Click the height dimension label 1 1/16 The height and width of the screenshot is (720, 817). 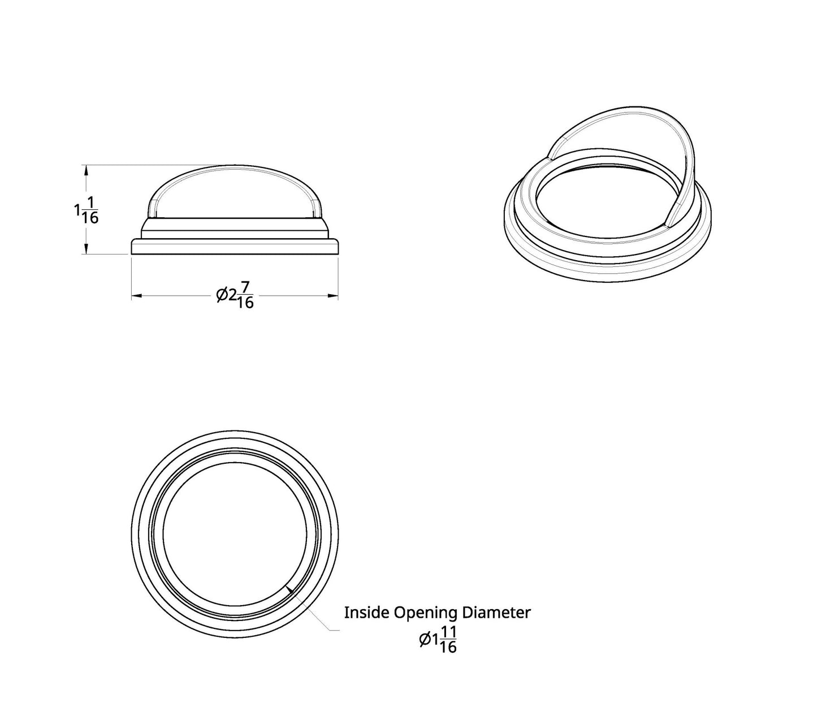click(86, 210)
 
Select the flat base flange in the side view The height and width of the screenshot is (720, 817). click(235, 247)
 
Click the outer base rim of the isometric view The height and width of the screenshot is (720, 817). click(608, 269)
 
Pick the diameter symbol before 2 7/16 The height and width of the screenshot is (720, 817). click(222, 295)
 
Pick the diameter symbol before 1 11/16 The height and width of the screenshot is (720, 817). click(425, 640)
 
